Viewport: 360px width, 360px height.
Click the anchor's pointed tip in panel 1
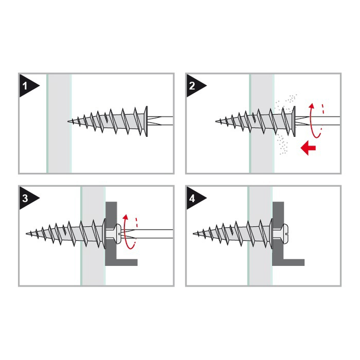[x=69, y=121]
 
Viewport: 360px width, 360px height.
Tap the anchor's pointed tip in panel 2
[x=216, y=121]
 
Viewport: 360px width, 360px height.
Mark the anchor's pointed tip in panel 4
[x=194, y=233]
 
